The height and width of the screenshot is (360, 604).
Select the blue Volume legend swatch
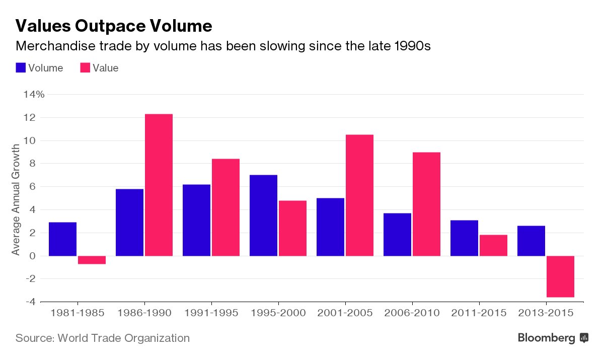[x=21, y=68]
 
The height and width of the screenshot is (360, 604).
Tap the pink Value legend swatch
[x=85, y=68]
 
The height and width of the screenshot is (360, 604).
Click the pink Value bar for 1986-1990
[x=159, y=185]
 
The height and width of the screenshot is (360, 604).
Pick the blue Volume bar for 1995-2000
[x=263, y=215]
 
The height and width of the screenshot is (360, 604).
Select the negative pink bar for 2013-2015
[x=560, y=276]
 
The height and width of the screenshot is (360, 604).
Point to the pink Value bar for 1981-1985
[x=92, y=260]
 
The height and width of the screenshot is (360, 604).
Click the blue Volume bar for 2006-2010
[x=397, y=234]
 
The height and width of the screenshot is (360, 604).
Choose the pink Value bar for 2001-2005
[x=359, y=195]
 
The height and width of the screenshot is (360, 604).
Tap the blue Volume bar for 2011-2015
[x=464, y=238]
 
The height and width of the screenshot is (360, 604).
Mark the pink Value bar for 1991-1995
[x=225, y=207]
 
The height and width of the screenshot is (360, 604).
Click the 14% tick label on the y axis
[x=33, y=94]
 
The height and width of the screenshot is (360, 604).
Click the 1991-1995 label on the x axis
[x=211, y=313]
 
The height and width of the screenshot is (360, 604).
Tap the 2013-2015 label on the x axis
[x=546, y=313]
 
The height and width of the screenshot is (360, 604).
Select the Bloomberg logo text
[x=546, y=338]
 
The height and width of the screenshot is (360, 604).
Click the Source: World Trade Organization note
[x=103, y=338]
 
